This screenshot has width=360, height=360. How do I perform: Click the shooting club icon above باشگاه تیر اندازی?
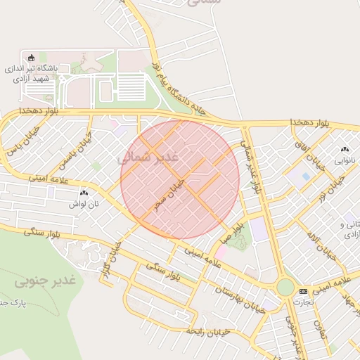[30, 58]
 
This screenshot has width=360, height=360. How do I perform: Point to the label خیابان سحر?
[172, 194]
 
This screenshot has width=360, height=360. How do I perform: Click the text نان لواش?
[82, 204]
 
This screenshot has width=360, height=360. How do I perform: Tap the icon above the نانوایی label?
[345, 150]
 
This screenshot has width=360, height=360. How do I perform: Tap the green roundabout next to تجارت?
[285, 288]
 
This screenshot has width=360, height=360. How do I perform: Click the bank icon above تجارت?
[303, 291]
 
